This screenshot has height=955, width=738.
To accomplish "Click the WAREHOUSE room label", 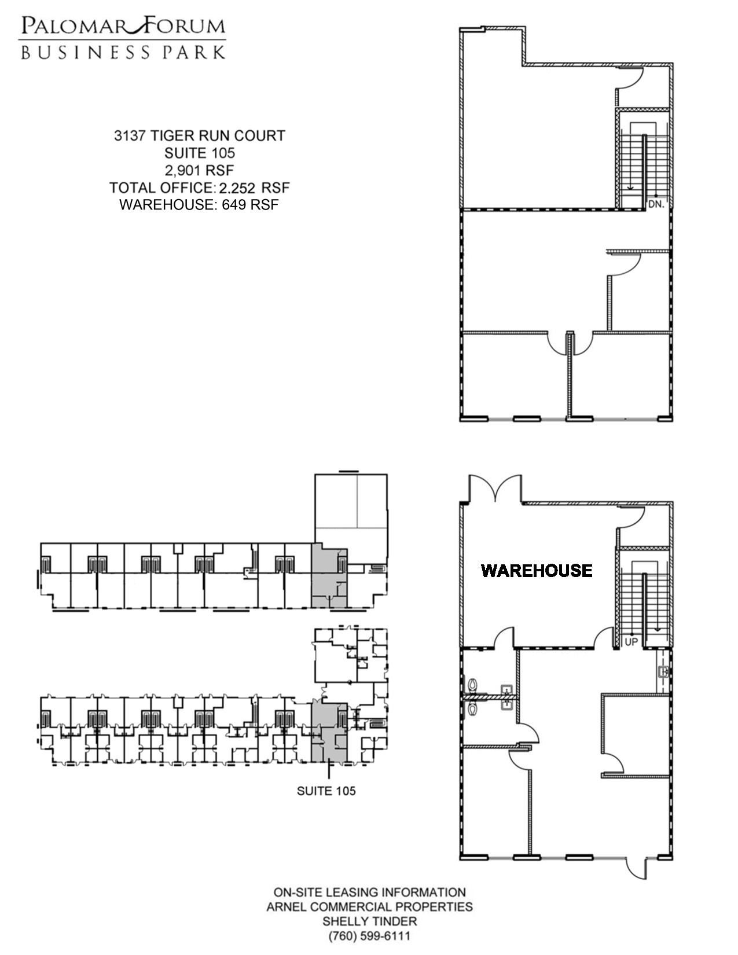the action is coord(537,571).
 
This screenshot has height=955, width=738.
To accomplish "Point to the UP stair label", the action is coord(631,642).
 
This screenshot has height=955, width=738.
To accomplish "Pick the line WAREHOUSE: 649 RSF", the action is coord(199,205).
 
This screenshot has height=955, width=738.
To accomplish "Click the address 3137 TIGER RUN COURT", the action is coord(200,135).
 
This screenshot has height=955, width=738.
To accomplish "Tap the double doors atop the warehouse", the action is coord(496,488).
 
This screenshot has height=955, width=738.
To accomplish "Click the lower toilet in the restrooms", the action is coord(472,709).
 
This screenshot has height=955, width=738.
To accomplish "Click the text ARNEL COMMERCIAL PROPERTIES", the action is coord(370,906).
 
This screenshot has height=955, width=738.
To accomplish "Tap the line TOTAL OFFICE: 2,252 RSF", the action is coord(200,188).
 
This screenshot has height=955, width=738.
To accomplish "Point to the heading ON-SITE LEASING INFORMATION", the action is coord(370,892).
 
